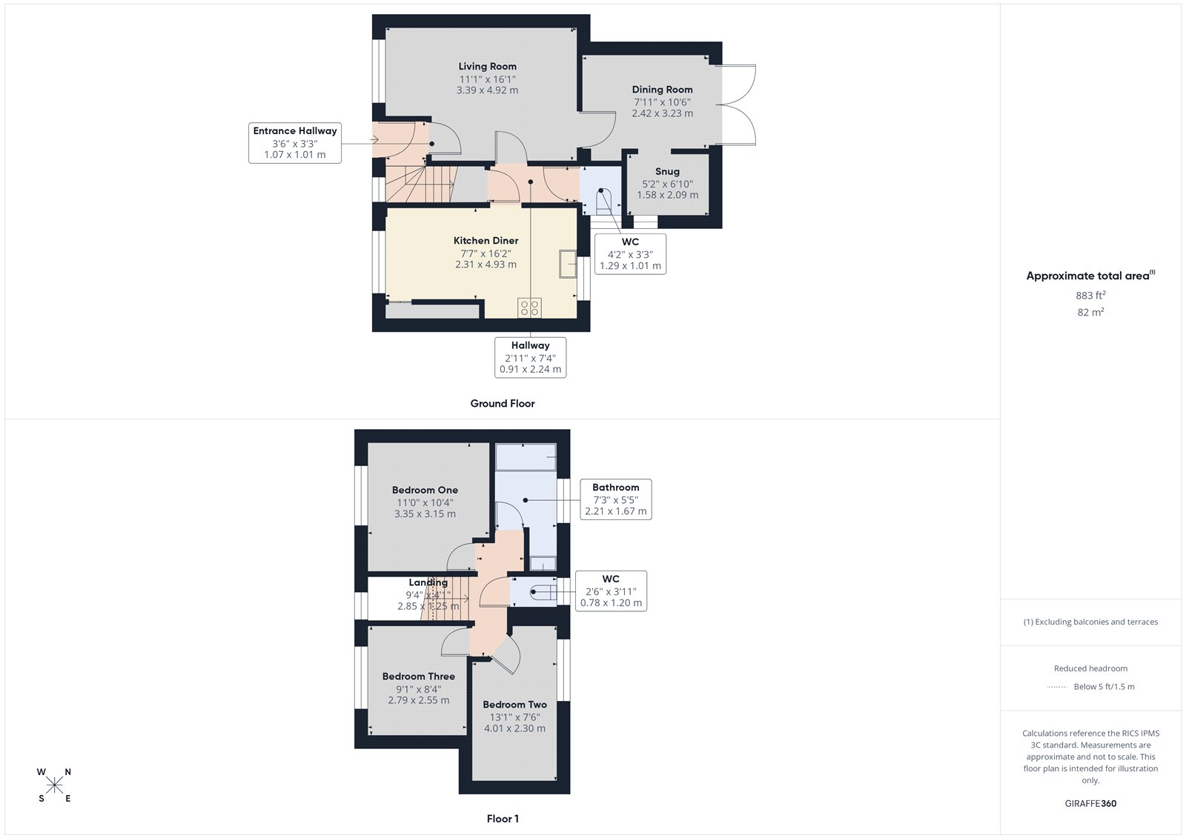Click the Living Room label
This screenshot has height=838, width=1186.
487,67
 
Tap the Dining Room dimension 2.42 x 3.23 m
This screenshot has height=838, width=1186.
662,113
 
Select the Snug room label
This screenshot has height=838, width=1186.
667,171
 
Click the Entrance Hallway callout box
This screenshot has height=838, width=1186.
295,143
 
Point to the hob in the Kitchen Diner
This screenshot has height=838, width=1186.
530,307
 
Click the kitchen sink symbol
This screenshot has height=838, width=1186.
568,264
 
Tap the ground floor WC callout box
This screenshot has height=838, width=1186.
630,254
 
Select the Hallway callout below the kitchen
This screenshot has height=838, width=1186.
530,357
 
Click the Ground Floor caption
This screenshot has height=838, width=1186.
502,404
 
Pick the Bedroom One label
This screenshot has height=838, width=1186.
425,491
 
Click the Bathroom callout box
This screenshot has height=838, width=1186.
615,499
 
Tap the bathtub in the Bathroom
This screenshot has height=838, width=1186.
526,457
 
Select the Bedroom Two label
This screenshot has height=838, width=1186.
514,705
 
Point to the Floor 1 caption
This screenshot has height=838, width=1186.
503,819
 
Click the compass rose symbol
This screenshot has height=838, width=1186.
54,785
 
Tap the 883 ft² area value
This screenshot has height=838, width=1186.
1090,296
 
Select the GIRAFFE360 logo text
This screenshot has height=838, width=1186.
1090,803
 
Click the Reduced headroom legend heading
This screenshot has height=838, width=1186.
1090,668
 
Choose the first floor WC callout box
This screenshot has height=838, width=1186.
611,591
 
